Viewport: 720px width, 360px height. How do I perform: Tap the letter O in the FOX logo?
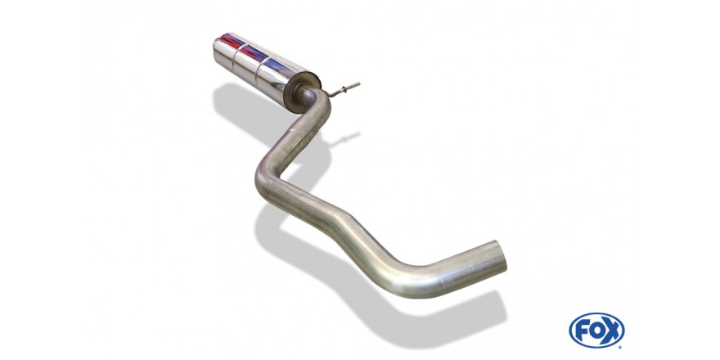(x=596, y=331)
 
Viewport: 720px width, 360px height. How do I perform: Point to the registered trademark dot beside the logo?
(x=621, y=347)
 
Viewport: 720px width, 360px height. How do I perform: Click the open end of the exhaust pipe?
(x=500, y=256)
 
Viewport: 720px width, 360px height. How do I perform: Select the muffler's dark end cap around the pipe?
(x=303, y=92)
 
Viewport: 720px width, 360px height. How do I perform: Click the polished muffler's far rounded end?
(x=218, y=51)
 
